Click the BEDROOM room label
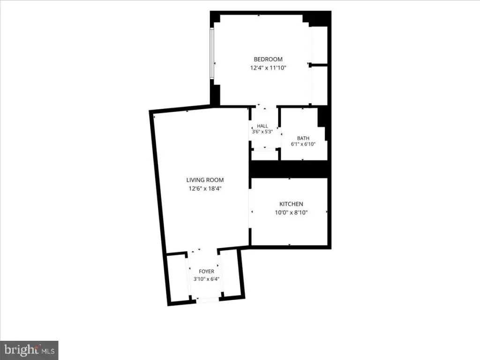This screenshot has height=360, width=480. (268, 59)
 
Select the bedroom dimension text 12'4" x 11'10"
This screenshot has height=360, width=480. (268, 67)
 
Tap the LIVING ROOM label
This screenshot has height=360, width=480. (205, 180)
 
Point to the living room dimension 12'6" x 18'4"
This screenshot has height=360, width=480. (205, 188)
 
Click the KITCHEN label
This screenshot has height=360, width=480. (291, 204)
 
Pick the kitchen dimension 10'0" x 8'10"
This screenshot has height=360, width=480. (291, 212)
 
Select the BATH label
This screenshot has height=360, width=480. (303, 138)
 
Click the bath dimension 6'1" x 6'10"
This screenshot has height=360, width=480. (303, 144)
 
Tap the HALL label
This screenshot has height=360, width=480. (262, 126)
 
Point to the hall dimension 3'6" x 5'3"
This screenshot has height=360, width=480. (262, 132)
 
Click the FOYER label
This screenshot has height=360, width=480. (206, 271)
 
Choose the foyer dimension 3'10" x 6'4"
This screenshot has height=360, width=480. (206, 279)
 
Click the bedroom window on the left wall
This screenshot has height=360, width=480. (211, 53)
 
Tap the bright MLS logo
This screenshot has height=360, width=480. (29, 350)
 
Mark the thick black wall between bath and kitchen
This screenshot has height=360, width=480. (289, 169)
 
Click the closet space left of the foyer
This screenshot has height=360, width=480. (178, 277)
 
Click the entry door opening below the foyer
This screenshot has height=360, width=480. (208, 300)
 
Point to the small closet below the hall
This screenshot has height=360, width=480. (264, 155)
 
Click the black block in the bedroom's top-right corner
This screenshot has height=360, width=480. (318, 19)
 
